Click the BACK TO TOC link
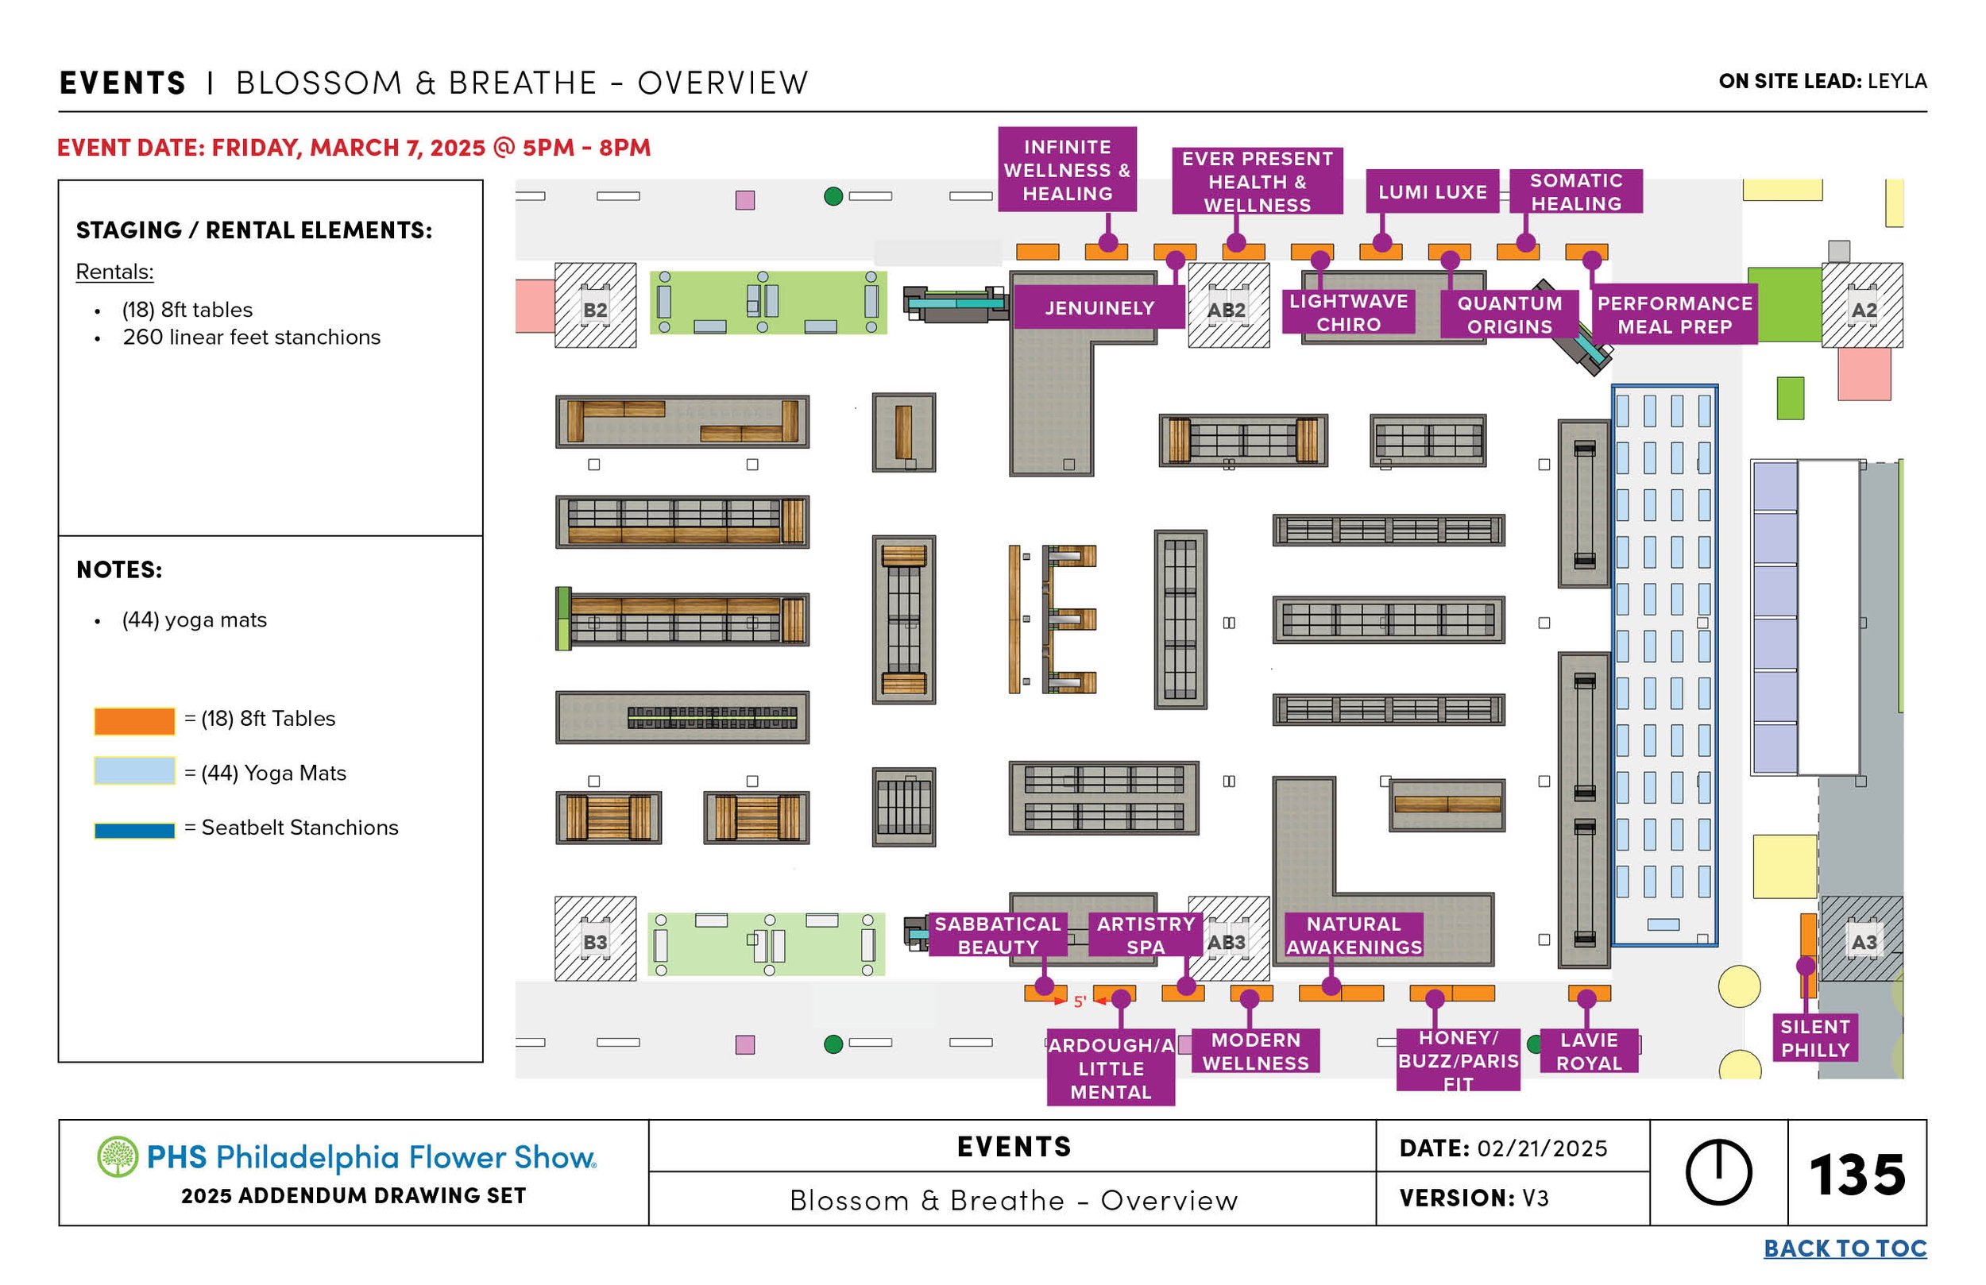click(1844, 1248)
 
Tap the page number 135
click(1857, 1175)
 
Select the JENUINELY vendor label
click(1099, 308)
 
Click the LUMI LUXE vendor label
click(1432, 192)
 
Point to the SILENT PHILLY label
click(1815, 1038)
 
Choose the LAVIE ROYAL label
click(1588, 1052)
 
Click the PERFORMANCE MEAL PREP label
click(1674, 314)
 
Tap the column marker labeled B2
click(595, 309)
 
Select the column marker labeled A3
click(1864, 942)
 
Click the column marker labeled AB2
click(1227, 309)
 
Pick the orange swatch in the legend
click(134, 720)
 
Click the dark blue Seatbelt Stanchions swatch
click(134, 830)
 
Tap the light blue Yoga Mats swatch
click(134, 771)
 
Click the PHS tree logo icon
click(118, 1156)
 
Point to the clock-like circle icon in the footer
click(1718, 1172)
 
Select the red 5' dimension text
click(1079, 1001)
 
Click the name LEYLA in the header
click(1897, 81)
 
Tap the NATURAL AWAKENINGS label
click(1354, 936)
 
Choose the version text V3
click(1535, 1198)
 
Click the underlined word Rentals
click(114, 272)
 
